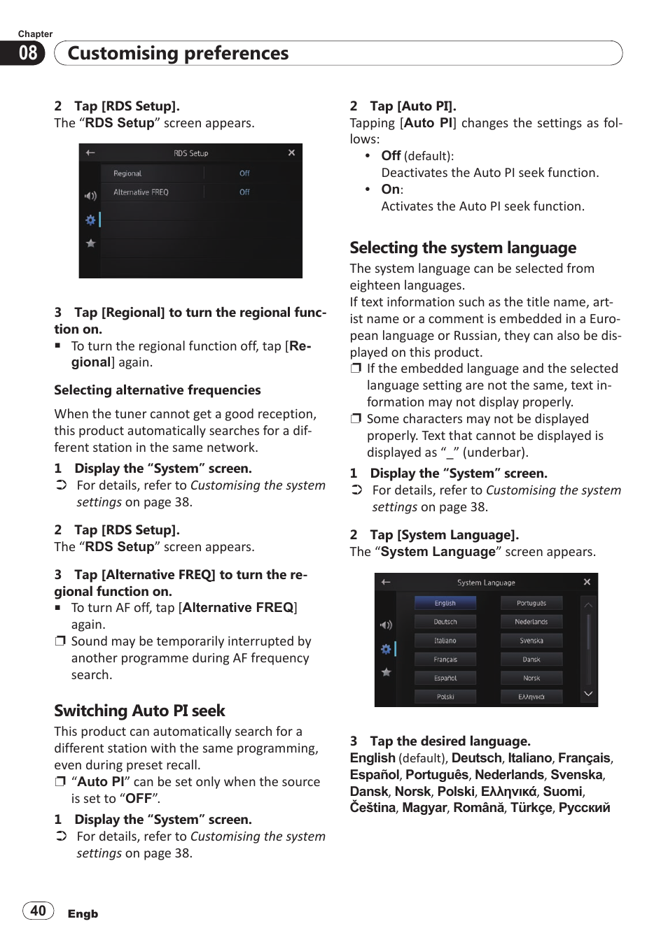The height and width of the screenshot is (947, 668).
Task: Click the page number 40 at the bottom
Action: tap(39, 911)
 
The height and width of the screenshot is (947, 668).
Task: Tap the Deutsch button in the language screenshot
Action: tap(445, 622)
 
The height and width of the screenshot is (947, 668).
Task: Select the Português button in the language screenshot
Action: tap(531, 603)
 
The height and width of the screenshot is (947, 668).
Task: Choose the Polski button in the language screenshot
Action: tap(445, 697)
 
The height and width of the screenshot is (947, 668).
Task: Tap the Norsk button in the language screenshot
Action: tap(531, 678)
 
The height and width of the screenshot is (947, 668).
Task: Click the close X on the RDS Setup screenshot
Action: tap(291, 152)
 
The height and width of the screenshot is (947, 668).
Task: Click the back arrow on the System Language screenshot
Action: tap(386, 582)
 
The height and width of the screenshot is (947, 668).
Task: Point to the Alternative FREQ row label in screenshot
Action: tap(141, 192)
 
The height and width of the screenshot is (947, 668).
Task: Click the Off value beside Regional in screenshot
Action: tap(244, 173)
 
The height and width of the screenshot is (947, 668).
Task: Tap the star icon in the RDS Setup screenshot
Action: tap(90, 243)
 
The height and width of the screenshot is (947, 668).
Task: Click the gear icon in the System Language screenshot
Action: tap(386, 649)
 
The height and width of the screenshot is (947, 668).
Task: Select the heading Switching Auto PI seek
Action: tap(139, 711)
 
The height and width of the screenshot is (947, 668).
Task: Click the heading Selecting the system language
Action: tap(463, 248)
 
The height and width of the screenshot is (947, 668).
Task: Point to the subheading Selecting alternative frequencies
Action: tap(158, 390)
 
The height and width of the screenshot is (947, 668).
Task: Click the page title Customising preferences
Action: tap(178, 53)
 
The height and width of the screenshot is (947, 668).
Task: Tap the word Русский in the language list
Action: tap(584, 808)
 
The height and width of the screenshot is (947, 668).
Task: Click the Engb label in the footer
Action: tap(83, 913)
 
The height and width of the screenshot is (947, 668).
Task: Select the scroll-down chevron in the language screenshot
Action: tap(588, 694)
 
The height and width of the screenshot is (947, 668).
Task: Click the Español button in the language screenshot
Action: tap(445, 678)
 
